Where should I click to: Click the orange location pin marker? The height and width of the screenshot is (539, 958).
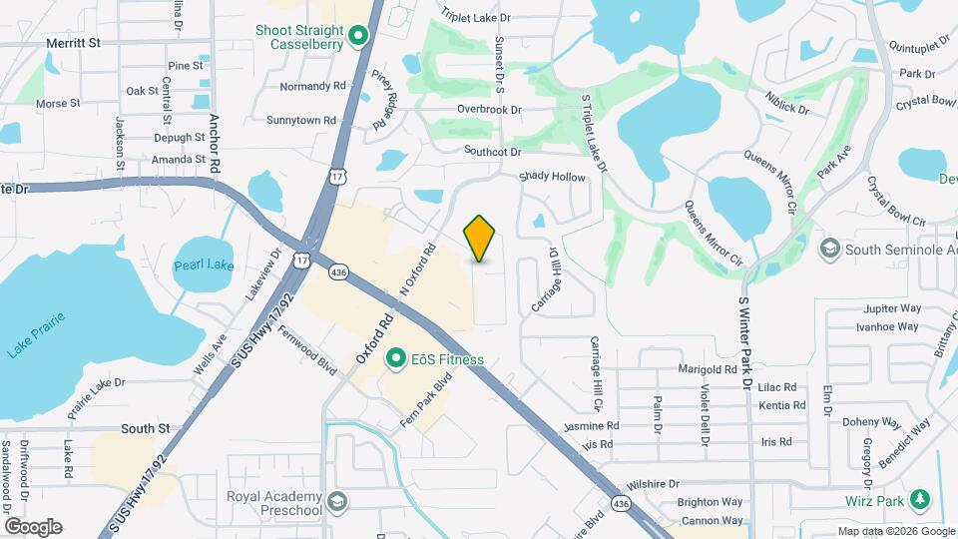point(480,239)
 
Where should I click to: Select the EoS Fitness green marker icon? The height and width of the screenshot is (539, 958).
point(396,358)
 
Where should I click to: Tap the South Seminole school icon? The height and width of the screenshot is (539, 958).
point(829,248)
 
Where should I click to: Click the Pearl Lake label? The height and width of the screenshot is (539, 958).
point(203,267)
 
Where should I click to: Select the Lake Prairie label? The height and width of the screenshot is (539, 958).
point(36,336)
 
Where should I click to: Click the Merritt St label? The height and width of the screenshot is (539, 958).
point(74,43)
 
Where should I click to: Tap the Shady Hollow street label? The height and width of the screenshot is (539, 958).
point(552,177)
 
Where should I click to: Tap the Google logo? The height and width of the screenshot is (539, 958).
point(33,526)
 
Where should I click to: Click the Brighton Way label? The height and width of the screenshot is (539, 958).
point(710,503)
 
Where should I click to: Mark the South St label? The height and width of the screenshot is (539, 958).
point(145,428)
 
